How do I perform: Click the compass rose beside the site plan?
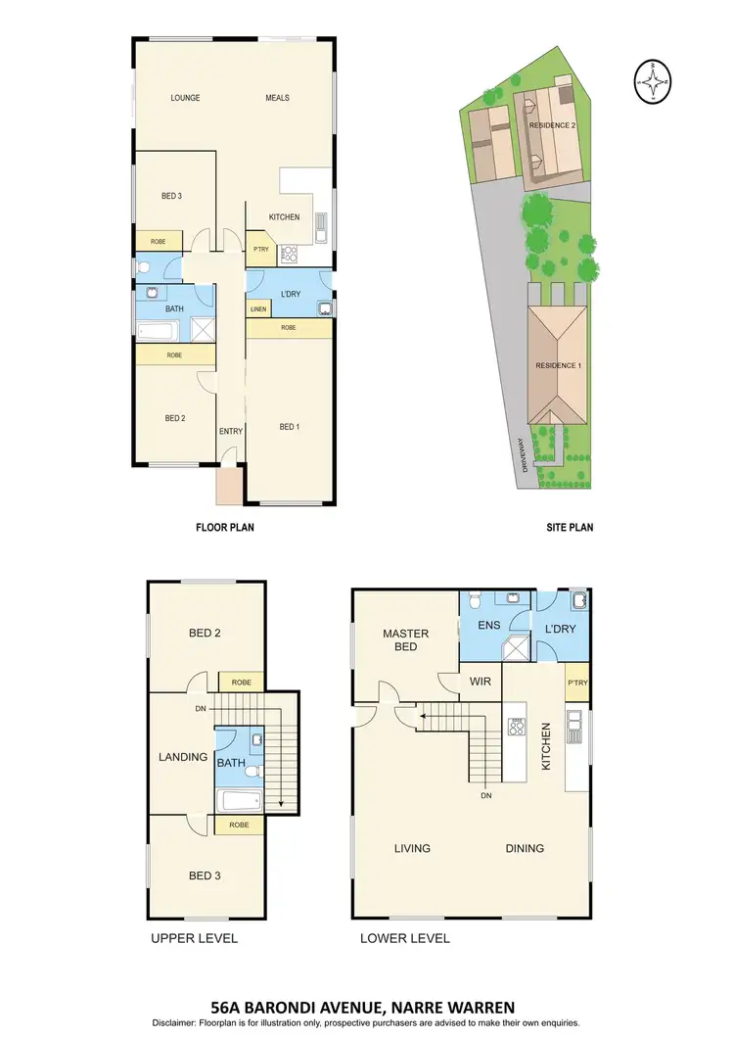coord(652,81)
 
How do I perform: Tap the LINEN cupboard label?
coord(257,309)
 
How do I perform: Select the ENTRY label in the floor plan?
coord(231,431)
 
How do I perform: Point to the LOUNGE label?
coord(185,98)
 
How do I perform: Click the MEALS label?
coord(277,98)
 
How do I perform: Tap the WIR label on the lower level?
coord(480,680)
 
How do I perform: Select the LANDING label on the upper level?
coord(183,757)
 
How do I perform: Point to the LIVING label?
coord(412,848)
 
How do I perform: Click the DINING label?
coord(525,848)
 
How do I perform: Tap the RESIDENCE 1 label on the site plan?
coord(558,365)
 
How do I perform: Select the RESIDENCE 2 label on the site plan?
coord(552,126)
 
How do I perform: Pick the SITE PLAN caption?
coord(570,527)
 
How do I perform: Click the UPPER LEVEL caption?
coord(194,938)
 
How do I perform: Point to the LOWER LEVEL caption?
coord(405,938)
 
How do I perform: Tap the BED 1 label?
coord(290,426)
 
